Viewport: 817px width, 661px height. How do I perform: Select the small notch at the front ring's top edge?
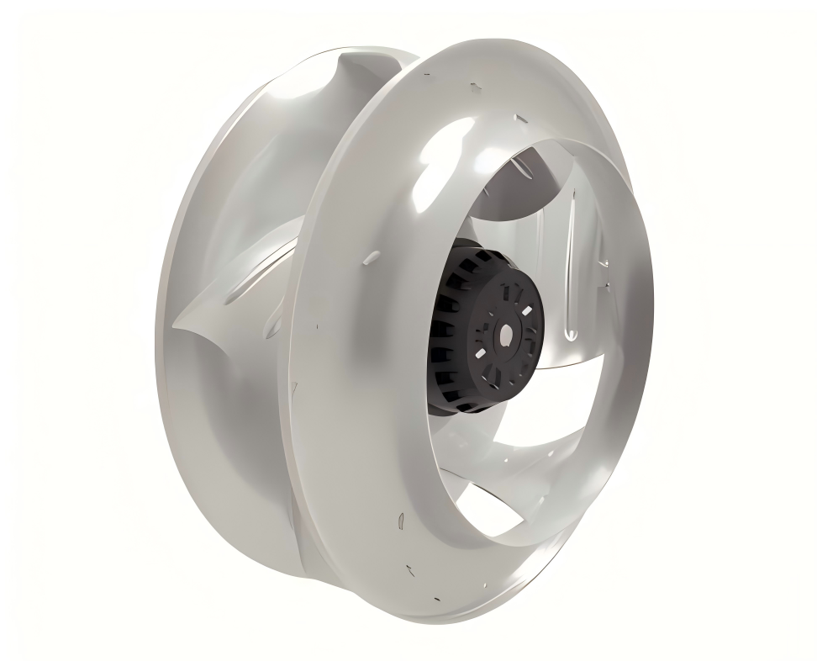476,87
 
